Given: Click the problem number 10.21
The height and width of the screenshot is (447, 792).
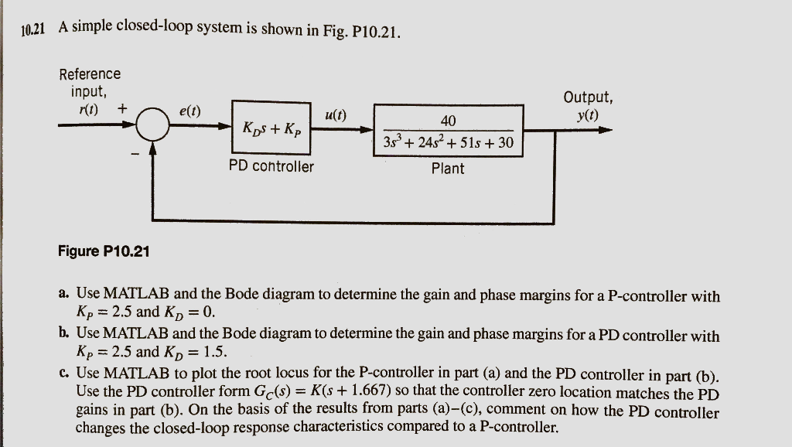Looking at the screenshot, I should tap(33, 31).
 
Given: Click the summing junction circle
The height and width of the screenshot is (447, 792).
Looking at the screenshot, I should tap(153, 125).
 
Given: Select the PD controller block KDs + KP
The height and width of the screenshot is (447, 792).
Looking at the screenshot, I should tap(271, 127).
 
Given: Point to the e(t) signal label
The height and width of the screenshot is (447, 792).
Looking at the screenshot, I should tap(189, 111).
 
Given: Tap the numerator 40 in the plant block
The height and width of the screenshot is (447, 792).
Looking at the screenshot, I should tap(448, 120).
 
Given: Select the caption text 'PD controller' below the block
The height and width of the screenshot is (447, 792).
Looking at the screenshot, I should tap(271, 166).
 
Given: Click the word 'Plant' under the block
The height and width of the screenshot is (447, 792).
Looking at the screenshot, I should tap(448, 168).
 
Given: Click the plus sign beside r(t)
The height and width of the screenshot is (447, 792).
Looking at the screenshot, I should tap(122, 108).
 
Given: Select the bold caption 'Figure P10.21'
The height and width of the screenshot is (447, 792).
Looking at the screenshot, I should tap(104, 251).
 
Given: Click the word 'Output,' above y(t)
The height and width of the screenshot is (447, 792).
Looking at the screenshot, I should tap(589, 97).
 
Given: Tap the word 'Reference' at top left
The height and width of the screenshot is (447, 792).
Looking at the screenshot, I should tap(90, 74).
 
